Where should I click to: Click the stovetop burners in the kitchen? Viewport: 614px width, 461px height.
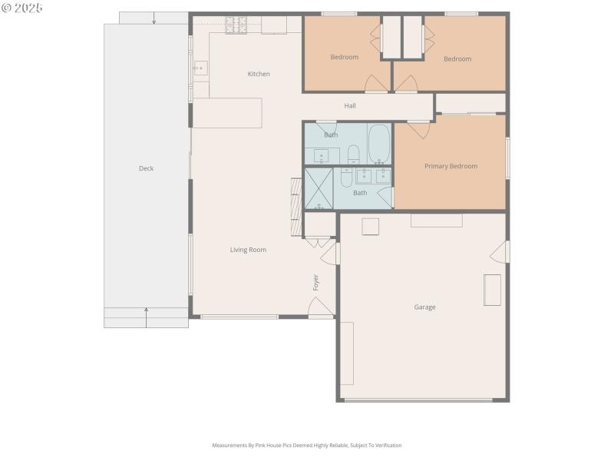point(236,25)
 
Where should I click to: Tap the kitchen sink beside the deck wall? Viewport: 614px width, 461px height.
point(200,68)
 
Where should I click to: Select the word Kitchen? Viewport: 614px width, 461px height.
point(259,74)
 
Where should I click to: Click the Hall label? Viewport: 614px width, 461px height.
point(350,105)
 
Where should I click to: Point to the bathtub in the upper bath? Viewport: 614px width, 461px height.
point(379,144)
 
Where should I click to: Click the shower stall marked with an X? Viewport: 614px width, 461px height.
point(319,188)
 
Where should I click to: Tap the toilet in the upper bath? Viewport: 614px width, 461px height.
point(353,154)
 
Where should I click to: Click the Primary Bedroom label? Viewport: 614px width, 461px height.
point(451,166)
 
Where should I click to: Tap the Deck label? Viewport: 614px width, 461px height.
point(146,168)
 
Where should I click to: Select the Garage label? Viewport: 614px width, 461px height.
point(424,307)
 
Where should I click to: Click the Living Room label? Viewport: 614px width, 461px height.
point(248,249)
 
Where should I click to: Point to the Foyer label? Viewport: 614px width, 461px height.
point(315,282)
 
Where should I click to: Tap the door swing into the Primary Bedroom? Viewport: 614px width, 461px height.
point(418,129)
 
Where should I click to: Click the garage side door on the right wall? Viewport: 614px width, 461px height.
point(499,251)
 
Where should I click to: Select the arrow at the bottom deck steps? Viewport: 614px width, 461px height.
point(146,313)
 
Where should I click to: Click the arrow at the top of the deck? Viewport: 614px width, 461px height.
point(154,18)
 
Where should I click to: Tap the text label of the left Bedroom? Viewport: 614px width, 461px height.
point(344,57)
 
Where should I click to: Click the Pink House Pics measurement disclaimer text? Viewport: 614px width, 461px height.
point(306,445)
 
